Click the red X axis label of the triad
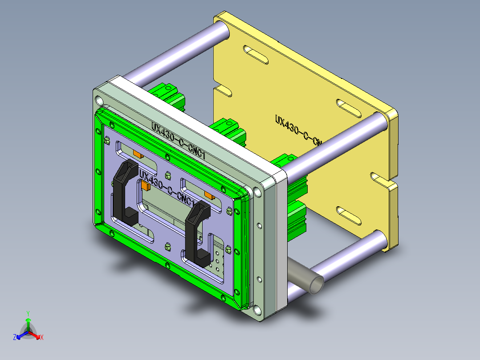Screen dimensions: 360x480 click(x=41, y=337)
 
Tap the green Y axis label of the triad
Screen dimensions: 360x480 click(x=28, y=313)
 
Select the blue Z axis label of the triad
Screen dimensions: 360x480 click(x=15, y=338)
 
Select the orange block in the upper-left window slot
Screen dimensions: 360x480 click(x=137, y=154)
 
